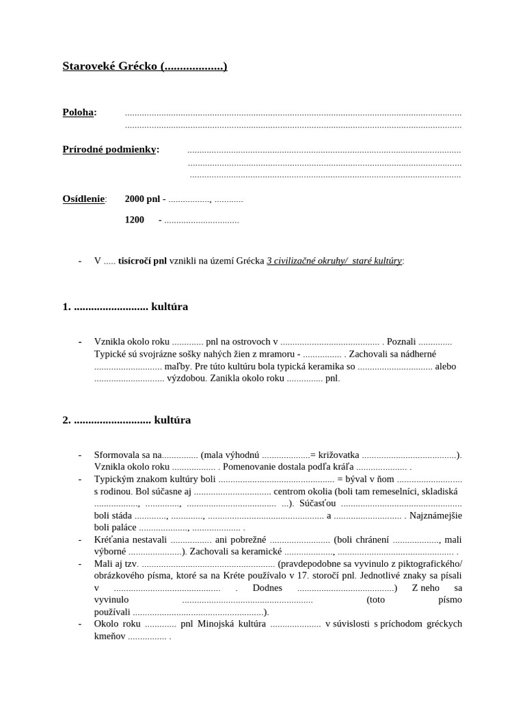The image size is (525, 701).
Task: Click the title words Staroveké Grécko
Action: point(110,66)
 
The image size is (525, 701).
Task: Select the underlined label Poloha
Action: point(78,112)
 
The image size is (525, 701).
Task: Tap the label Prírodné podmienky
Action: point(109,149)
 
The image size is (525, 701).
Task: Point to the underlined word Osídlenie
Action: point(83,199)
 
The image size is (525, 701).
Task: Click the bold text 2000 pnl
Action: point(142,199)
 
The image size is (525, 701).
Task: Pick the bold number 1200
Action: point(135,220)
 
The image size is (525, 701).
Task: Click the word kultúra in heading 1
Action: point(170,307)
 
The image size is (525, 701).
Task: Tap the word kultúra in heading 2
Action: point(172,420)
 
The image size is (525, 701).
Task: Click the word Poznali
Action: point(401,342)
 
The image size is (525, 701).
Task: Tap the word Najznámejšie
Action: point(435,515)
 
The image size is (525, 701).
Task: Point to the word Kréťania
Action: point(113,540)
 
